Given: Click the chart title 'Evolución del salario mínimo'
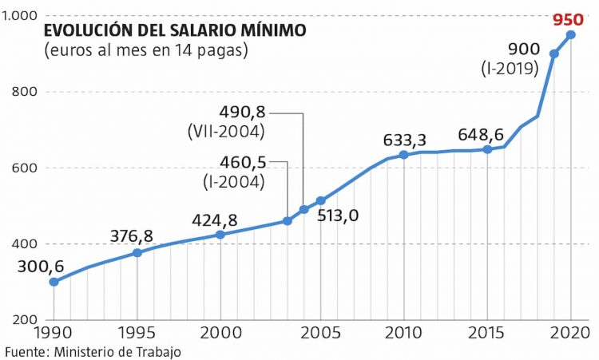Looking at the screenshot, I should (174, 31).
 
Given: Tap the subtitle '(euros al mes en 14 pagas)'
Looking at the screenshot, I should (145, 51).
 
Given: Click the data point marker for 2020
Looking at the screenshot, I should (570, 34).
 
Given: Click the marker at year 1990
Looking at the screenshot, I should (54, 282).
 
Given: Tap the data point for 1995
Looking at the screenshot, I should (137, 252).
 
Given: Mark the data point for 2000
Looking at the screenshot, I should (220, 235).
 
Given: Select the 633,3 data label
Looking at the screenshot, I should (406, 140).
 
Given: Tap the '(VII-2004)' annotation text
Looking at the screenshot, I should (227, 129).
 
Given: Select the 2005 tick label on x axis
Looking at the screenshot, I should (321, 332).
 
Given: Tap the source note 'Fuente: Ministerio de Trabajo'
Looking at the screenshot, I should (93, 351).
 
